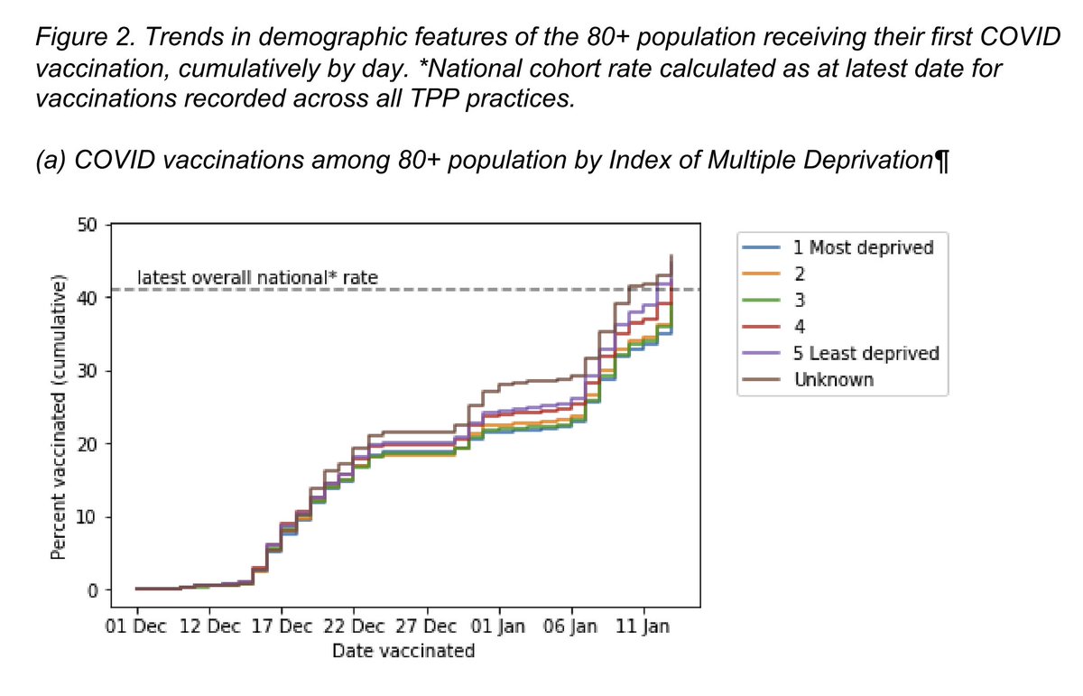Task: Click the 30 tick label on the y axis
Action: point(88,371)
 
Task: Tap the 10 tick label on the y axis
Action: point(88,517)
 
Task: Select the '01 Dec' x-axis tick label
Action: point(136,627)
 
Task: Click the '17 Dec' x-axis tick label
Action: point(281,627)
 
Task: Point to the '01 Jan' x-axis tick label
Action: point(499,627)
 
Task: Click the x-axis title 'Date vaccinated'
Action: point(403,651)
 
